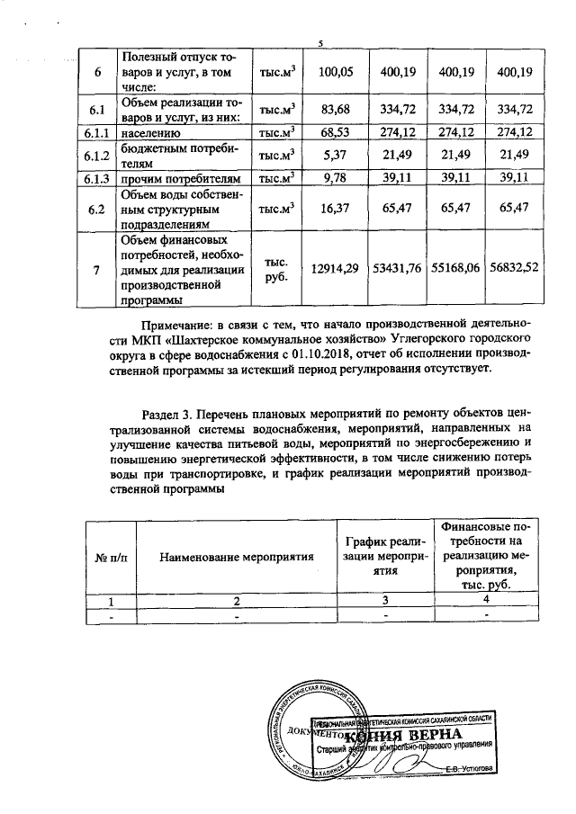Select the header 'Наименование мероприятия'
(x=237, y=557)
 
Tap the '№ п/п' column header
(x=111, y=557)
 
